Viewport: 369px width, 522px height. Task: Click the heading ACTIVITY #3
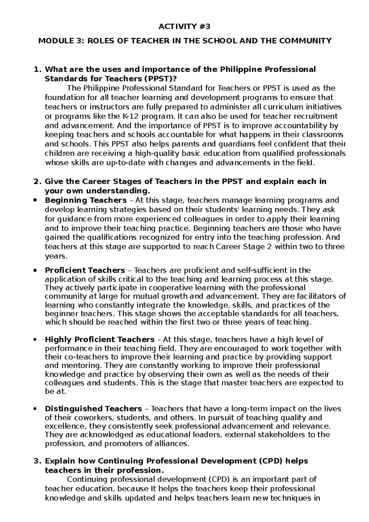(184, 27)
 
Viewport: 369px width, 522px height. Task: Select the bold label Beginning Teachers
(85, 200)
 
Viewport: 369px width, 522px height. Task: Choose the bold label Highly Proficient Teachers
(99, 340)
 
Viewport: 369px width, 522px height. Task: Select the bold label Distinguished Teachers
(93, 409)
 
